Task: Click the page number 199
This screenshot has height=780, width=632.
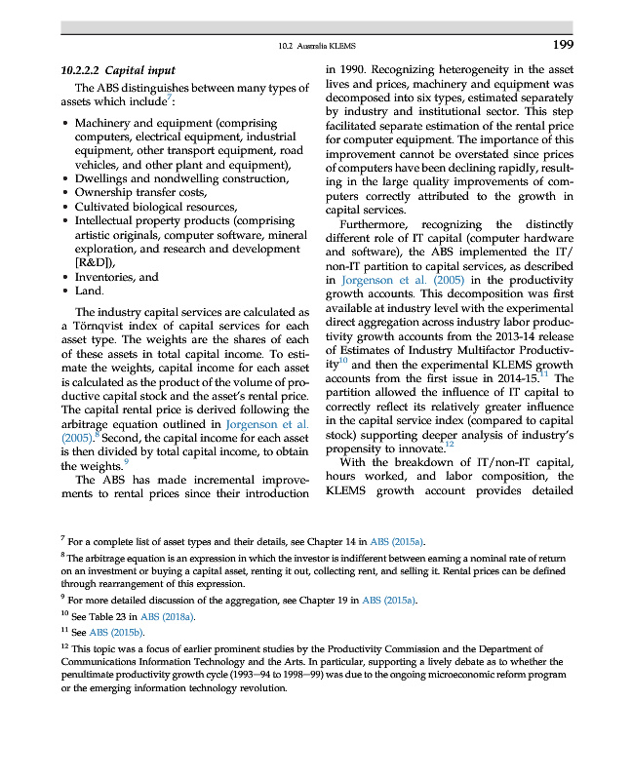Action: (x=562, y=45)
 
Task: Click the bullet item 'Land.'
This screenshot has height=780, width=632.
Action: (x=90, y=291)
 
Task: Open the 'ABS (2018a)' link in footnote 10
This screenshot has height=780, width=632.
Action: (x=169, y=617)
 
